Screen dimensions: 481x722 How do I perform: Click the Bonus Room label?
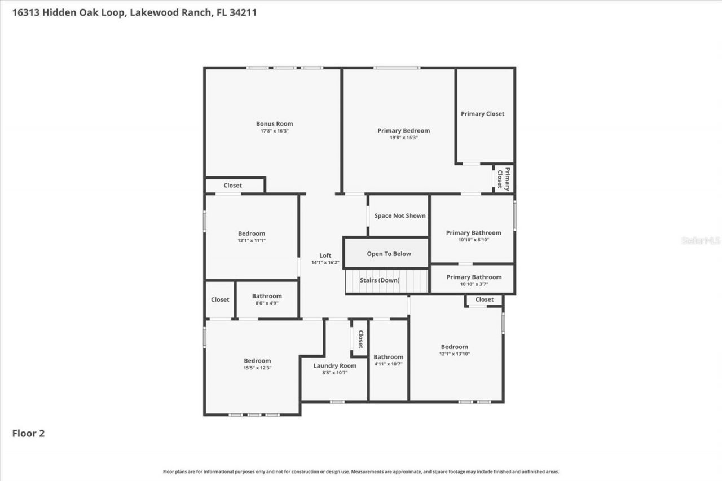[274, 124]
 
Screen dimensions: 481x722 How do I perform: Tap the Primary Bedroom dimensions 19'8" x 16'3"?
[403, 138]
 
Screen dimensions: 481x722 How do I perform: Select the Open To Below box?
[389, 254]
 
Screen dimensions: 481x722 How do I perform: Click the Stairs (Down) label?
[380, 281]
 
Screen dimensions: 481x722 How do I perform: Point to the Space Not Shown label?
[400, 216]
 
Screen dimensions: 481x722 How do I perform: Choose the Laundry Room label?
[335, 366]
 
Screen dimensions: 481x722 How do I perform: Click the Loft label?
[325, 255]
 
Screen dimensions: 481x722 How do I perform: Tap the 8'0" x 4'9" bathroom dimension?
[267, 303]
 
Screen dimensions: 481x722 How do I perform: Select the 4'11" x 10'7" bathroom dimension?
[388, 364]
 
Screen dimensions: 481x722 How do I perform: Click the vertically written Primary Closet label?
[503, 179]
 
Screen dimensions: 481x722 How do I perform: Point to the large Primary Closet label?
[482, 114]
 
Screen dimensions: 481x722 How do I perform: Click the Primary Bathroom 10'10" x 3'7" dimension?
[474, 284]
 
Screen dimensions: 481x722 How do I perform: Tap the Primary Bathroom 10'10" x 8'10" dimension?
[473, 240]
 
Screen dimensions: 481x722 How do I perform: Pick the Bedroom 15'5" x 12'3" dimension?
[257, 368]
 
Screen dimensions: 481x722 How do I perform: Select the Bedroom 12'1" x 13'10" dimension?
[454, 354]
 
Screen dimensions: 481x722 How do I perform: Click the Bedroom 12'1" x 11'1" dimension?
[251, 241]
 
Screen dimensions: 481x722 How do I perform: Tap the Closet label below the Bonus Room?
[232, 186]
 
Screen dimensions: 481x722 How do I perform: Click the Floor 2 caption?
[28, 434]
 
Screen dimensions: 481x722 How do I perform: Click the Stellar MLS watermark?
[701, 240]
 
